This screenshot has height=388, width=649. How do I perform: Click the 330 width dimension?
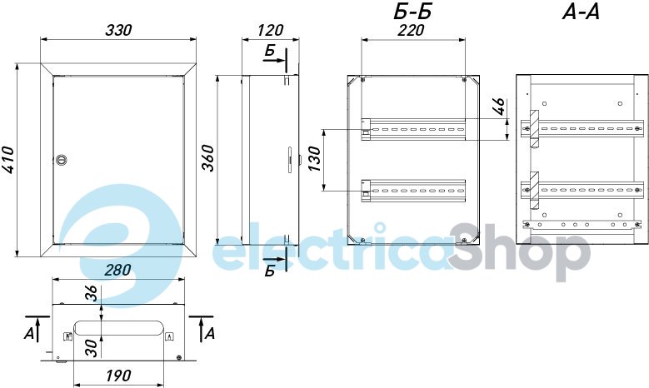click(x=118, y=30)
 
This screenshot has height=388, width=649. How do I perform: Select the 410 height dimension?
click(x=7, y=160)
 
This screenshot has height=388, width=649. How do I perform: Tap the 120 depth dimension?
click(x=270, y=30)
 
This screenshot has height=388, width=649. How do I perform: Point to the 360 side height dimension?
click(x=207, y=158)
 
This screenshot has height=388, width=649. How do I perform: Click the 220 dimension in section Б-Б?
click(x=412, y=30)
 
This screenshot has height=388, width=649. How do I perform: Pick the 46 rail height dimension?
click(x=499, y=107)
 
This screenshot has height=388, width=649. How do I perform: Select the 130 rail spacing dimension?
click(x=315, y=159)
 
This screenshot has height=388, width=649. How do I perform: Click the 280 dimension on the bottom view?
click(x=117, y=270)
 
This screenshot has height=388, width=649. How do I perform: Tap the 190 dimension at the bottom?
click(x=119, y=376)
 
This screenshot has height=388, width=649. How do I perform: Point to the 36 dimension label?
click(x=92, y=293)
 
